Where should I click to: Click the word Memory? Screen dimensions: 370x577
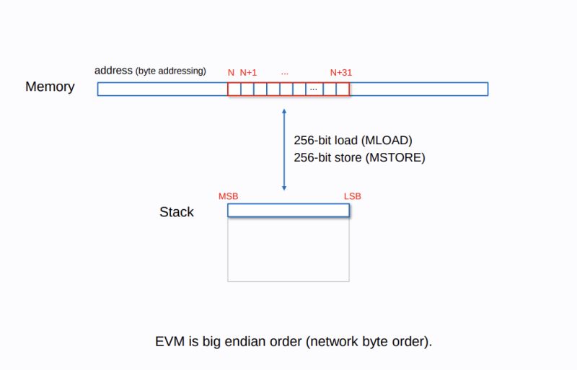pos(50,87)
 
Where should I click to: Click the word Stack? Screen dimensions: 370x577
pos(177,212)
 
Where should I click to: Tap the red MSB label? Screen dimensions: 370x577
pos(228,197)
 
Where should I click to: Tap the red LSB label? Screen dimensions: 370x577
pos(353,197)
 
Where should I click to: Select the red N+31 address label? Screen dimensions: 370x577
pos(341,73)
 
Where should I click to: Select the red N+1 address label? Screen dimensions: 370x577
pos(249,73)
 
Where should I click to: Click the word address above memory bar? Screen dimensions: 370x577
pos(113,71)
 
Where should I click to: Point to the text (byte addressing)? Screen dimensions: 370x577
pos(171,71)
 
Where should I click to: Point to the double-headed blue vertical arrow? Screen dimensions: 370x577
pos(284,149)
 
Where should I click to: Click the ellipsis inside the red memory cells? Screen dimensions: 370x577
pos(313,89)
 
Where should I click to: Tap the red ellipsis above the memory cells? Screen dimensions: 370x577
pos(285,73)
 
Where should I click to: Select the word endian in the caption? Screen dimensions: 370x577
pos(242,341)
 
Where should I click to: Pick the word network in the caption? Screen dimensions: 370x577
pos(332,341)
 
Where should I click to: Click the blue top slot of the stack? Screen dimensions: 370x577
pos(288,210)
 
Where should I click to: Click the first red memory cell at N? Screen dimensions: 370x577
pos(234,89)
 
